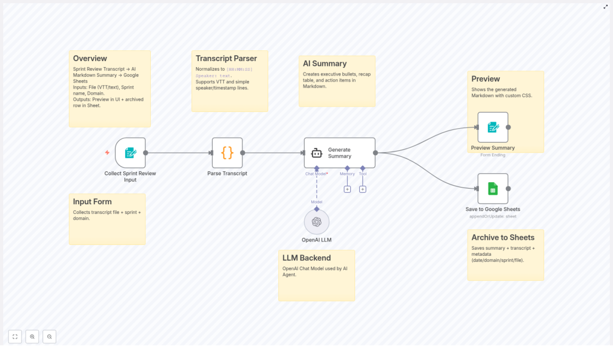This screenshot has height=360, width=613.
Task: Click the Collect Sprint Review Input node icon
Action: pyautogui.click(x=131, y=153)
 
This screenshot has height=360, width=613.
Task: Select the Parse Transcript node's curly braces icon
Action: pyautogui.click(x=227, y=153)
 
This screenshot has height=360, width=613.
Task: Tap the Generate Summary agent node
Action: pyautogui.click(x=339, y=153)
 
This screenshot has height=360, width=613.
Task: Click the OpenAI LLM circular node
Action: pyautogui.click(x=317, y=222)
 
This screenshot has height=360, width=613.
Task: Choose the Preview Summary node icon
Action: pyautogui.click(x=493, y=127)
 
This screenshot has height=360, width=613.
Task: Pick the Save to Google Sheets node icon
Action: pyautogui.click(x=493, y=189)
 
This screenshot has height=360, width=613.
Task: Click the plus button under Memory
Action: pyautogui.click(x=347, y=189)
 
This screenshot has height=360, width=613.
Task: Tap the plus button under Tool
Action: pyautogui.click(x=363, y=189)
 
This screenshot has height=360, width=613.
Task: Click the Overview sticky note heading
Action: pyautogui.click(x=90, y=59)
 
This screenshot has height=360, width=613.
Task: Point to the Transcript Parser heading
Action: pyautogui.click(x=226, y=59)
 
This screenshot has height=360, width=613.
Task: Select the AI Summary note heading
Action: pyautogui.click(x=324, y=63)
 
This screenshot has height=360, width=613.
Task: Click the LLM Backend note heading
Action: pyautogui.click(x=306, y=258)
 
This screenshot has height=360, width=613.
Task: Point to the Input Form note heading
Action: pyautogui.click(x=92, y=202)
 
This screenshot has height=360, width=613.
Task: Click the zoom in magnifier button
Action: pyautogui.click(x=32, y=337)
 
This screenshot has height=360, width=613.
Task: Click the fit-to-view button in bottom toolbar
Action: pyautogui.click(x=15, y=337)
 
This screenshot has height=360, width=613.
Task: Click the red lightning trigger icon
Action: pyautogui.click(x=107, y=153)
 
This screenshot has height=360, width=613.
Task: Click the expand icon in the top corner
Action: pyautogui.click(x=606, y=7)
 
